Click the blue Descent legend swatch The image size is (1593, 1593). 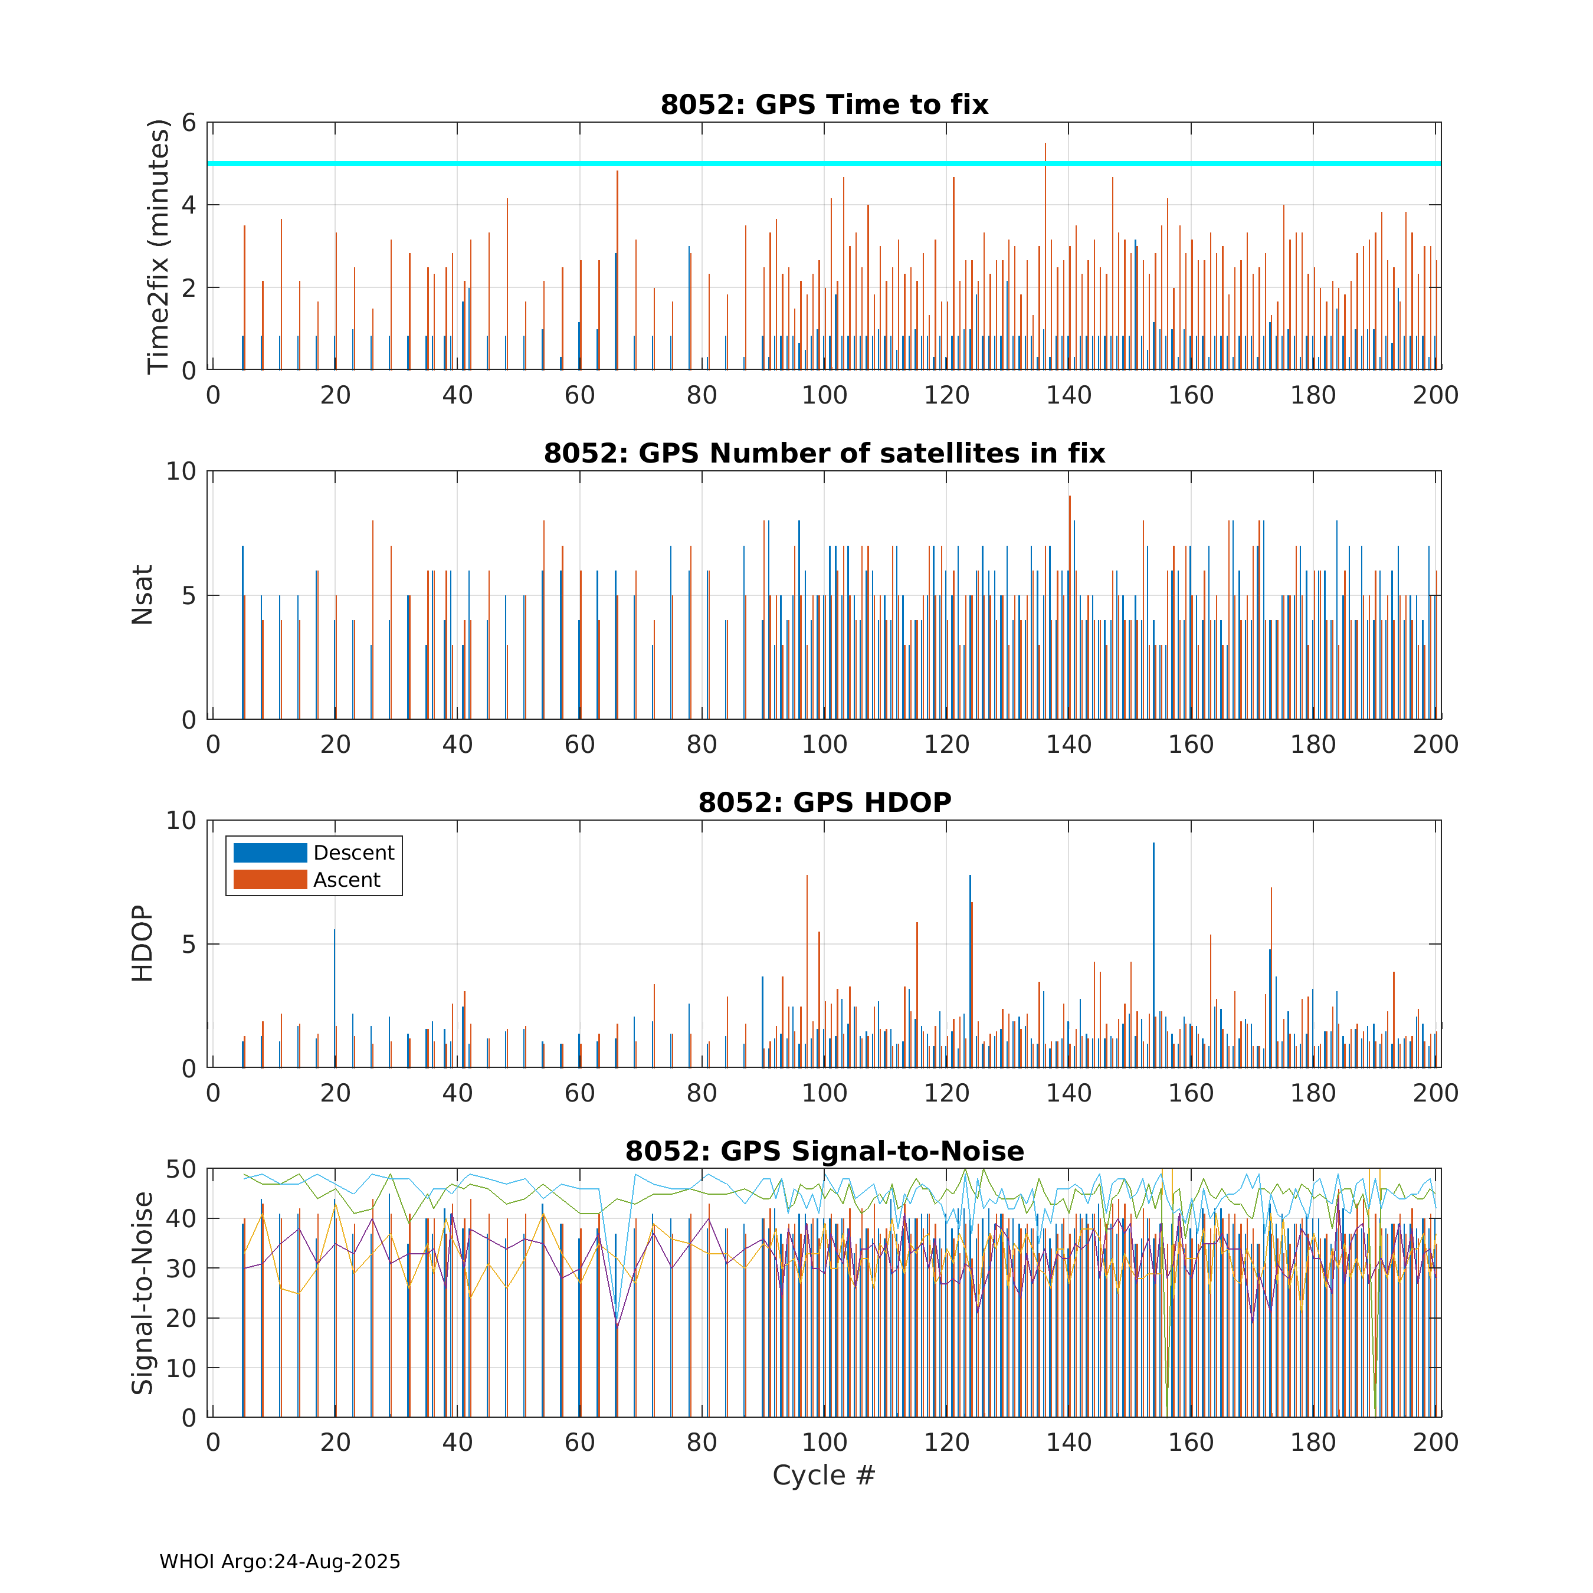270,853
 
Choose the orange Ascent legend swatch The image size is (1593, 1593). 270,880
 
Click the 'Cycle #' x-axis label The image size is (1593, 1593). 823,1475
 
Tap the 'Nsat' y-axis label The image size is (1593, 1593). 143,595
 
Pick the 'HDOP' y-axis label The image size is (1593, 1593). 143,943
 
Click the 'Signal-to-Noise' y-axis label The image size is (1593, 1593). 143,1293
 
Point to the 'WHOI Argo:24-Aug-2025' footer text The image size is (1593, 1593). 280,1562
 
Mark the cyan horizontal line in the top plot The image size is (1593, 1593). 577,163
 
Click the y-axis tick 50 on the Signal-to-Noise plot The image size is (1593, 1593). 181,1169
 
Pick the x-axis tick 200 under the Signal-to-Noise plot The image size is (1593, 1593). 1435,1442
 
